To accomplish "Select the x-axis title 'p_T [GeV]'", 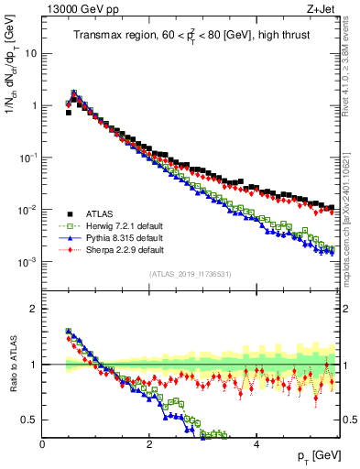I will [313, 455].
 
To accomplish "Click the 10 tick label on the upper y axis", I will [30, 53].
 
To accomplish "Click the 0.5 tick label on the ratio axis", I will [28, 420].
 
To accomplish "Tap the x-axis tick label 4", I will [256, 442].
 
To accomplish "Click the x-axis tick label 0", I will [43, 442].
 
